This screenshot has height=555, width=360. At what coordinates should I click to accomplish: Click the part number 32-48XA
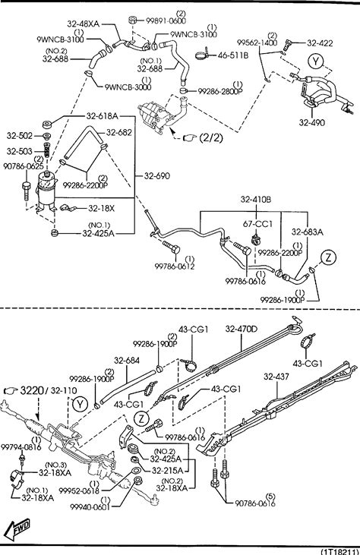click(84, 24)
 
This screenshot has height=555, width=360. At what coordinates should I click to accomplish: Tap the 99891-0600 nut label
click(166, 20)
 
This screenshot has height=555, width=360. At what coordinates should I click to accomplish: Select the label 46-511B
click(233, 55)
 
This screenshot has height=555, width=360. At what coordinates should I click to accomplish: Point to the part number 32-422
click(320, 43)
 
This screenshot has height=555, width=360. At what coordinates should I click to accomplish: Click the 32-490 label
click(311, 122)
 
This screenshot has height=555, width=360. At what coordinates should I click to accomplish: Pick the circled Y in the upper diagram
click(315, 61)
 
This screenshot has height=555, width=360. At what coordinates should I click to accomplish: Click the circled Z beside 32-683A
click(329, 257)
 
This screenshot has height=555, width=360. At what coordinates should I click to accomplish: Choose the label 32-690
click(156, 175)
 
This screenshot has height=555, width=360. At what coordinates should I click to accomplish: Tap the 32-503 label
click(19, 151)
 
